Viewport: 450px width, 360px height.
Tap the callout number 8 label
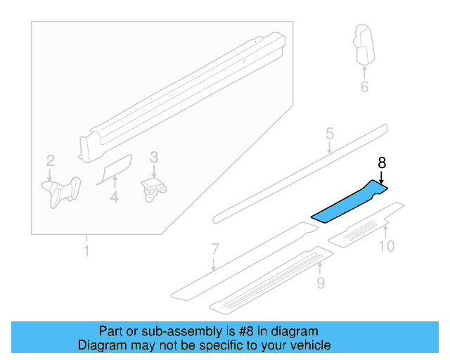click(x=382, y=162)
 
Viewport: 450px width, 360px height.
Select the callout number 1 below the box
click(x=86, y=251)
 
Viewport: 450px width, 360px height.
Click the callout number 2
click(x=50, y=160)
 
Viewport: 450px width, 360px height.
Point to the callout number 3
click(x=154, y=159)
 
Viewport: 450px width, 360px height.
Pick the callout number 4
click(x=114, y=198)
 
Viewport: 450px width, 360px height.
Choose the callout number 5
click(x=328, y=134)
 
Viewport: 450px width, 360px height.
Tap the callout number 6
click(x=364, y=87)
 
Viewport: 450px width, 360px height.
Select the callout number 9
click(x=321, y=283)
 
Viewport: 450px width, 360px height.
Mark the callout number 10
click(x=387, y=245)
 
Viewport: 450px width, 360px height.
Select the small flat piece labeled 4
click(x=115, y=169)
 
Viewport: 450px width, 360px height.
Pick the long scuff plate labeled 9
click(x=271, y=279)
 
